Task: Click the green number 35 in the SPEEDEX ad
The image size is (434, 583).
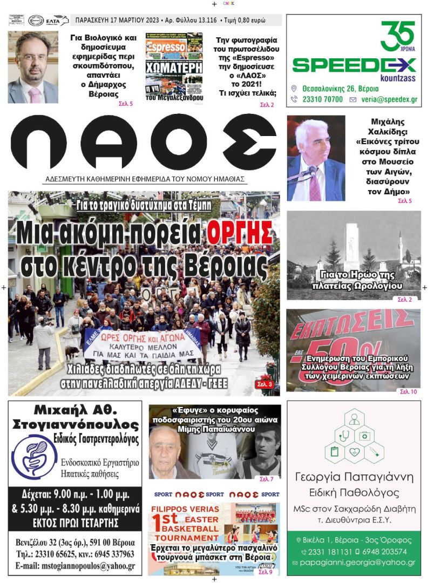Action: click(397, 35)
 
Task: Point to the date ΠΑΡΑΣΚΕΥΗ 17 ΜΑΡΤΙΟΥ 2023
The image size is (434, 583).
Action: click(117, 21)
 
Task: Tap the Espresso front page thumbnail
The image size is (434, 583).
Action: click(174, 67)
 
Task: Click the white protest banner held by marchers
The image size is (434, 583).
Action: click(141, 344)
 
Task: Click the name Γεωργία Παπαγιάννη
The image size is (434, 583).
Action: click(354, 477)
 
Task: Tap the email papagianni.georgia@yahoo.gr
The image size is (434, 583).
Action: click(357, 562)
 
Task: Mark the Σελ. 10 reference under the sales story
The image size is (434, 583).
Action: click(407, 391)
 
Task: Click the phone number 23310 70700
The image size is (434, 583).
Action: click(321, 99)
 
